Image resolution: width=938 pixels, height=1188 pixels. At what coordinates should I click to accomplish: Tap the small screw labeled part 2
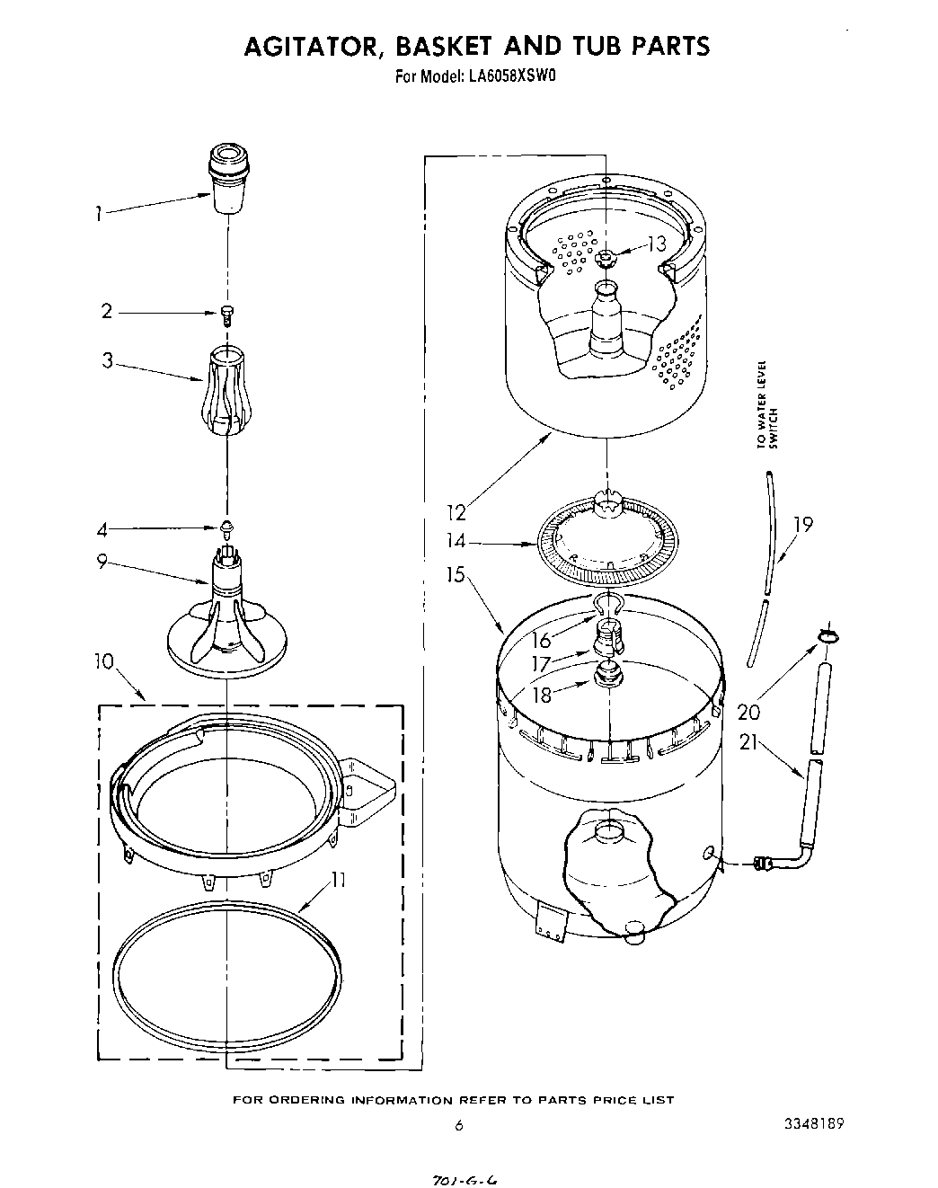pos(227,313)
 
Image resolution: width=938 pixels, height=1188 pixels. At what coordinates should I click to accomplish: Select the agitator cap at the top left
pos(230,176)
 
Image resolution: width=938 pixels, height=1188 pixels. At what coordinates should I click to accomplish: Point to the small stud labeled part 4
pos(227,525)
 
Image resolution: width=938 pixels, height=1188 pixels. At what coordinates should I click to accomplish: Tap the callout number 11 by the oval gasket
pos(337,880)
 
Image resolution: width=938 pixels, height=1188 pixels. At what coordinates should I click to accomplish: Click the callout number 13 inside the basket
pos(657,243)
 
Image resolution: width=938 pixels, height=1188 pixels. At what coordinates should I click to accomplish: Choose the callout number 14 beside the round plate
pos(456,541)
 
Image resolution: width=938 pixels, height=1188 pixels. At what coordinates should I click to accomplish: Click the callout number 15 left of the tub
pos(456,573)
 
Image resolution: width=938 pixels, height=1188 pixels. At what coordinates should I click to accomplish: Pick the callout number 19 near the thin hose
pos(803,525)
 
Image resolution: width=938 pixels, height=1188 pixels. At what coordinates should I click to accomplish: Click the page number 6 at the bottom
pos(458,1125)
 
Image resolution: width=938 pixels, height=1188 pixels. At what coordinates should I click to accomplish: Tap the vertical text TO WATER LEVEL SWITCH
pos(766,403)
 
